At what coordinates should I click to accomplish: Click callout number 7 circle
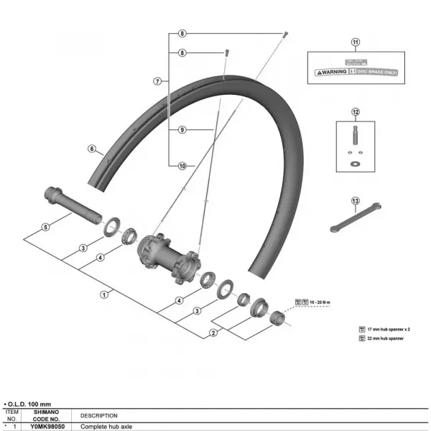click(x=157, y=81)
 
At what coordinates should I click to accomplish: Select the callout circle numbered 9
click(x=182, y=130)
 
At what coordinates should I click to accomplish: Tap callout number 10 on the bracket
click(x=182, y=166)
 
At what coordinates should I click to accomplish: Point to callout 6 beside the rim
click(x=92, y=149)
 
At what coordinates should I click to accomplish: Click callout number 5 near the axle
click(x=45, y=227)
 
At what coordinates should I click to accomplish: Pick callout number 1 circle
click(x=105, y=293)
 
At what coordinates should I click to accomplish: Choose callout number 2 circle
click(x=213, y=333)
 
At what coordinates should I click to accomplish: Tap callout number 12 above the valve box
click(x=354, y=113)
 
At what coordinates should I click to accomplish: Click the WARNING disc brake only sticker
click(x=353, y=72)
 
